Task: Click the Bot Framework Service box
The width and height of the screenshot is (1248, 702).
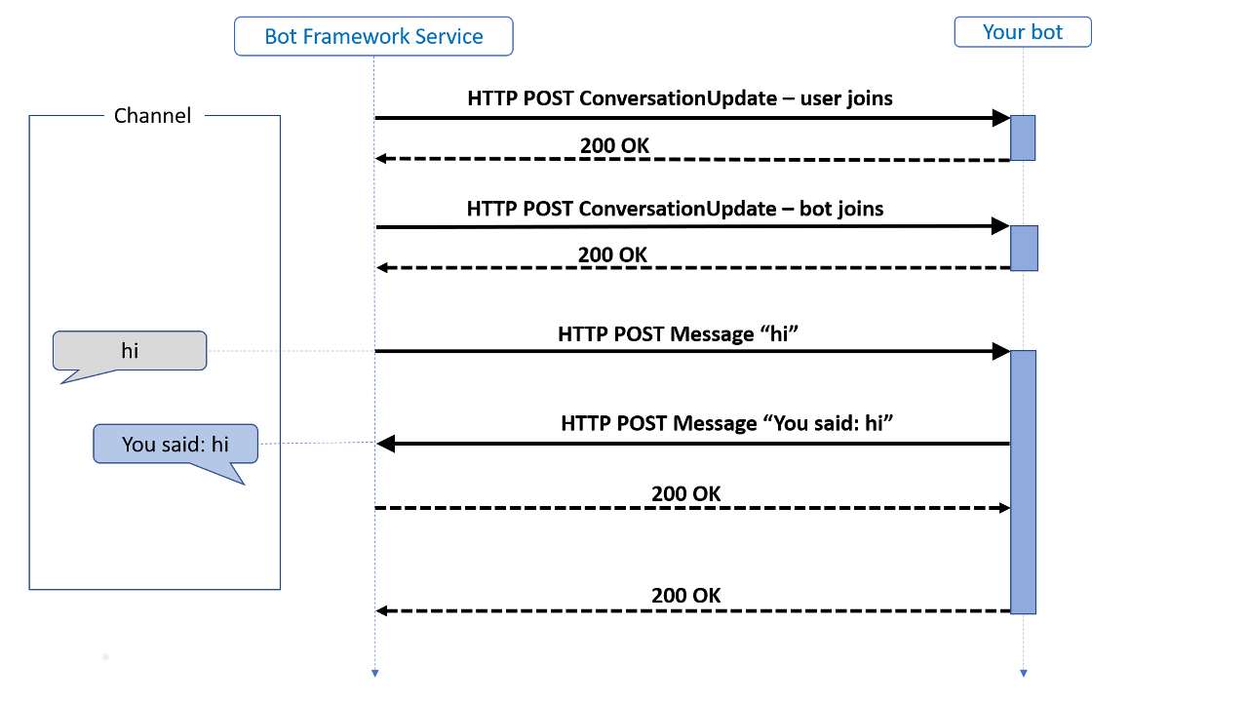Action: click(x=373, y=37)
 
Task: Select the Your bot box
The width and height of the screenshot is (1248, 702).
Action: click(x=1023, y=32)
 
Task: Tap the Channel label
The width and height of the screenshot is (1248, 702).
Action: click(x=153, y=115)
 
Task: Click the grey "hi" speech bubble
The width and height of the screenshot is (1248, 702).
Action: click(x=130, y=351)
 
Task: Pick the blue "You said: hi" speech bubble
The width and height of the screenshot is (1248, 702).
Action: click(x=175, y=445)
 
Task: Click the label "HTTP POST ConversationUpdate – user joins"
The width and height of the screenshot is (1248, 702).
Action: click(x=680, y=97)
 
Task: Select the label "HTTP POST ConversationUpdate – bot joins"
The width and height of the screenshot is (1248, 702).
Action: click(x=675, y=209)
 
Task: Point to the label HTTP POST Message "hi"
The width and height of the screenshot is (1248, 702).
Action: click(x=679, y=333)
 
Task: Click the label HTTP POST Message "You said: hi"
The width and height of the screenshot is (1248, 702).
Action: click(x=727, y=423)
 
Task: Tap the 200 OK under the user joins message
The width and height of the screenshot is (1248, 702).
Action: click(x=614, y=145)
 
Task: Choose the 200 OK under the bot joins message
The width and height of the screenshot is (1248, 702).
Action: click(x=612, y=254)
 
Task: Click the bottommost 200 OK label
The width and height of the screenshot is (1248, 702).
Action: click(x=686, y=595)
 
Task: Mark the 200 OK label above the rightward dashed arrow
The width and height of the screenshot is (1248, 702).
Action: click(x=686, y=493)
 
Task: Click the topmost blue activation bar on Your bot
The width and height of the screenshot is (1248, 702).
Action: click(x=1022, y=137)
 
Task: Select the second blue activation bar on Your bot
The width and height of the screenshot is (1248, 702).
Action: click(x=1023, y=248)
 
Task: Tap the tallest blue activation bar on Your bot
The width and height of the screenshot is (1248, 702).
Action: click(x=1023, y=482)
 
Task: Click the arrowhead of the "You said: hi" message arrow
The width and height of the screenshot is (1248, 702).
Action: click(x=385, y=445)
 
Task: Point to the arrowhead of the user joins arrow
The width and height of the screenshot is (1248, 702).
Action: click(x=1000, y=118)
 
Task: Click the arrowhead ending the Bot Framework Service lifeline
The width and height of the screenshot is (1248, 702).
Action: click(x=374, y=673)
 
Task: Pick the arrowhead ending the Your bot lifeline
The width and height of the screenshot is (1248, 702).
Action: click(x=1023, y=673)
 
